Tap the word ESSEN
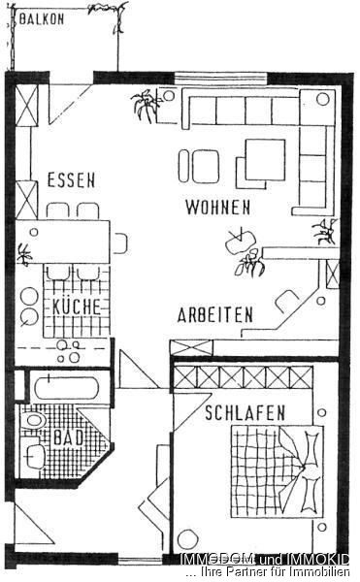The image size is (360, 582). point(70,179)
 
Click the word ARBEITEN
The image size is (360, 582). point(215,315)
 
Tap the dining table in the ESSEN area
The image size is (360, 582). point(70,239)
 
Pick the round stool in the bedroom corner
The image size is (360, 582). point(188,538)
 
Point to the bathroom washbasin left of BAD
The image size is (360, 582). point(33,422)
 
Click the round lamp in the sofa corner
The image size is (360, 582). point(323,99)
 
